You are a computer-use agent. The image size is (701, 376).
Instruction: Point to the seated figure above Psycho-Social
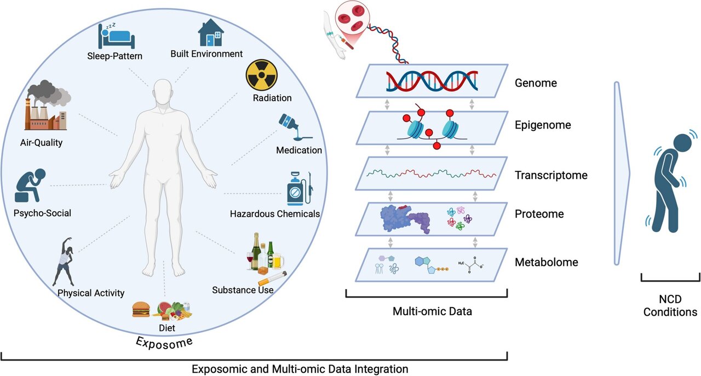tap(32, 186)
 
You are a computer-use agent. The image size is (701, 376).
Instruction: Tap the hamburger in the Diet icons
tap(141, 310)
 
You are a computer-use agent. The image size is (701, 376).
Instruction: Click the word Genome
tap(536, 84)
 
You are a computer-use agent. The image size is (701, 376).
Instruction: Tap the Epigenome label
tap(543, 125)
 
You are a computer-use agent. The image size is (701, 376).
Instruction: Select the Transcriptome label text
tap(551, 176)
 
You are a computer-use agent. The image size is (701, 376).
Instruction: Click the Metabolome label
tap(546, 263)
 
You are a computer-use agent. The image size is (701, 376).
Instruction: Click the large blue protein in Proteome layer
tap(403, 218)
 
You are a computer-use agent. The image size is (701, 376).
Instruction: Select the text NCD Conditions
tap(670, 306)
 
